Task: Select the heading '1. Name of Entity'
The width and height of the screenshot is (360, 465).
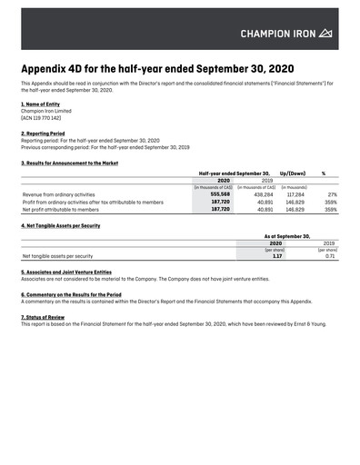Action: pos(41,104)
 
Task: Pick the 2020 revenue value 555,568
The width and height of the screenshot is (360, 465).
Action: pos(220,193)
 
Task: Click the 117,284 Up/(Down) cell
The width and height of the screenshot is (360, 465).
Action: pos(295,193)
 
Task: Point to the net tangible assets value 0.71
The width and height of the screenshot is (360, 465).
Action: pos(331,256)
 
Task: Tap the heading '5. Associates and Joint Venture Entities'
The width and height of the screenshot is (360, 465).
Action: pos(66,272)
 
